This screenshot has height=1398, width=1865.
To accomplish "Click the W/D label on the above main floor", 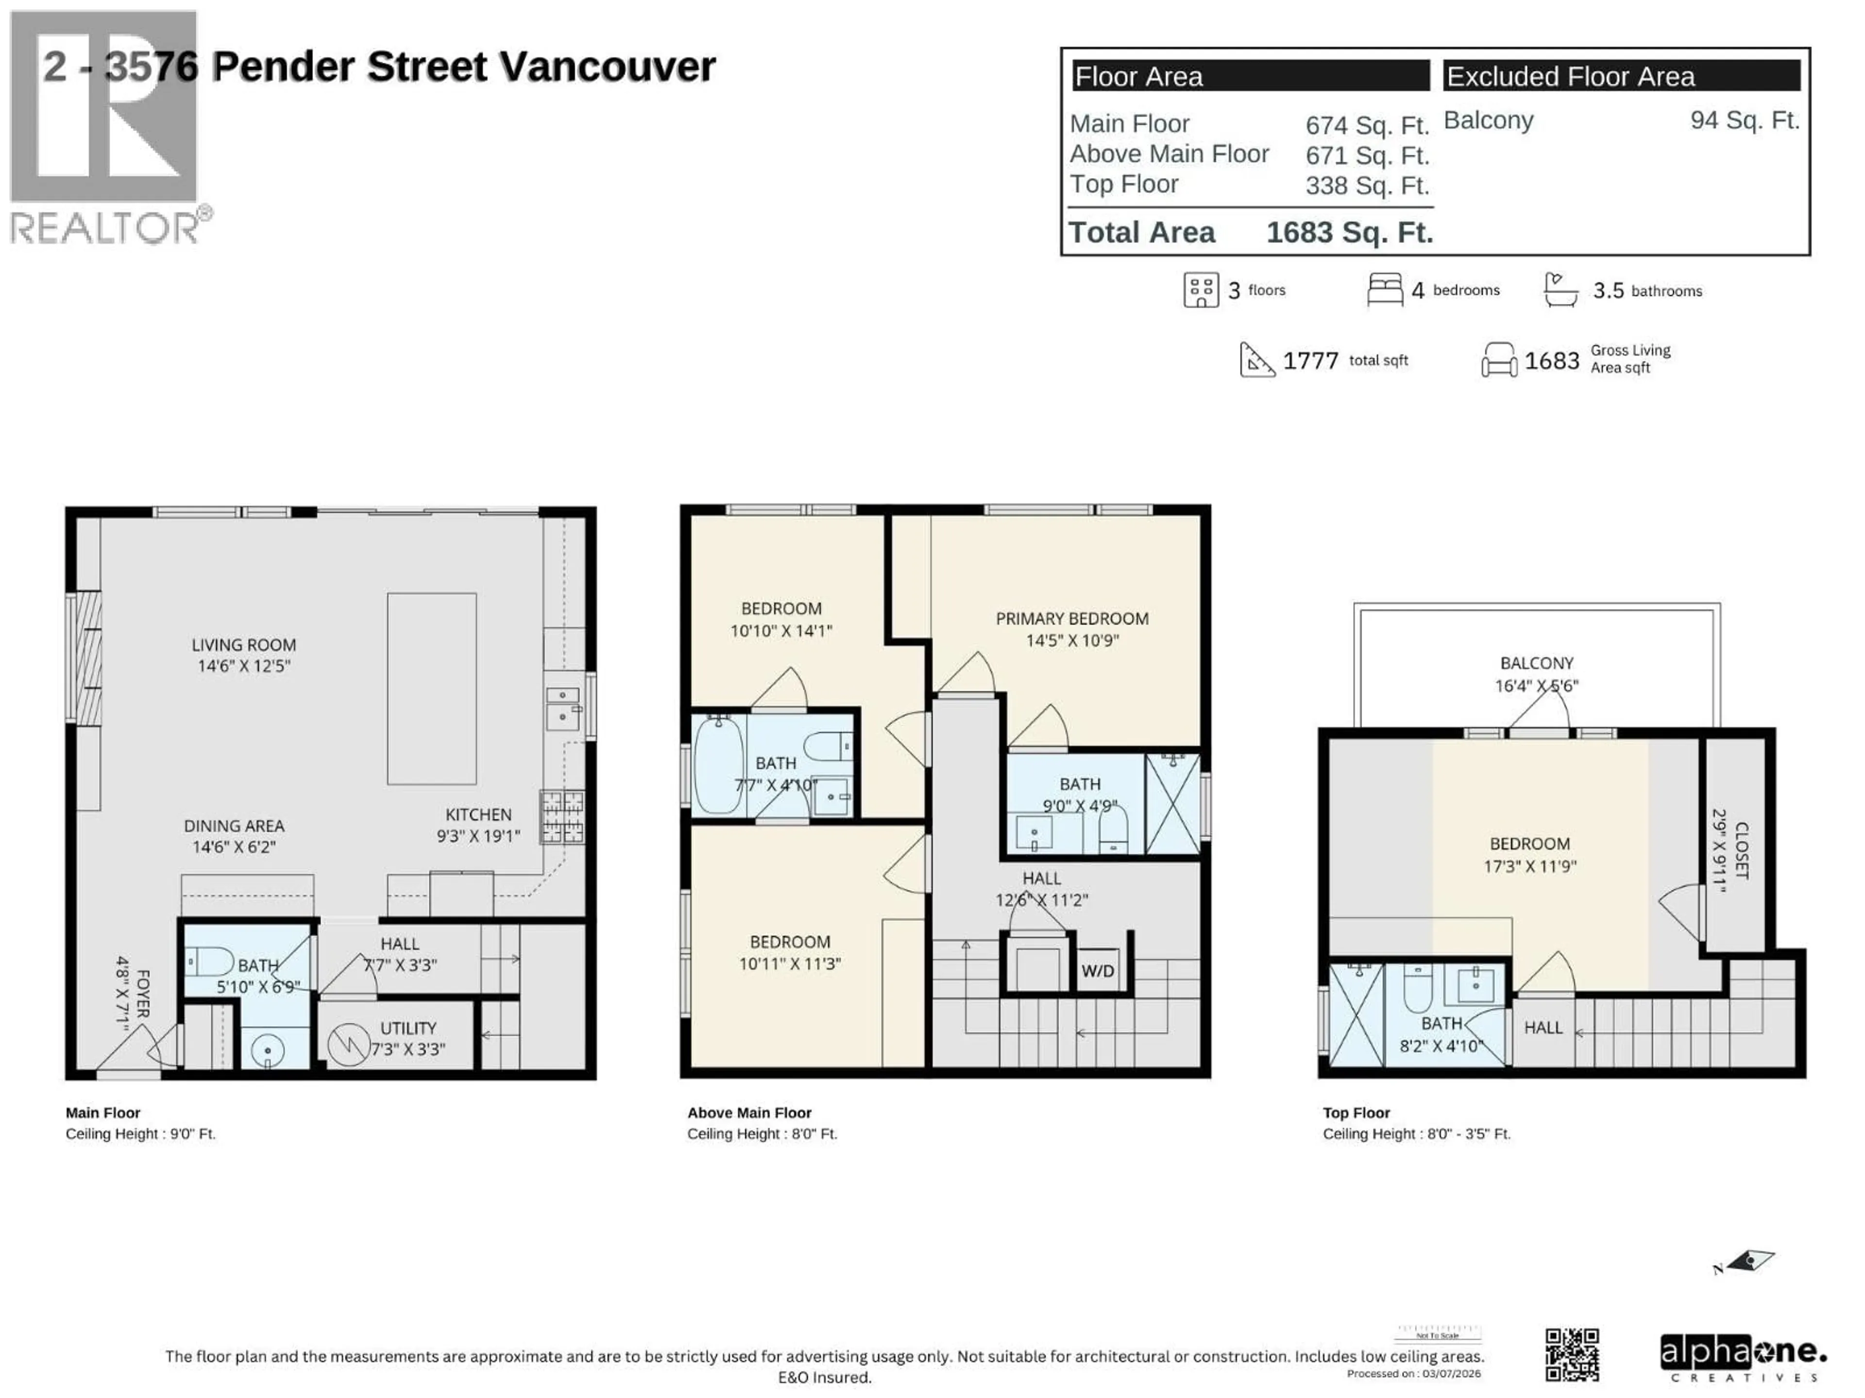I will tap(1097, 971).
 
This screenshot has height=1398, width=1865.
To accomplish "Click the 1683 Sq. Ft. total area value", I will tap(1349, 233).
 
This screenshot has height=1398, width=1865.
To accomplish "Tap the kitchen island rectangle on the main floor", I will tap(432, 688).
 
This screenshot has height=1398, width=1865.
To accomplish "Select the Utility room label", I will tap(408, 1028).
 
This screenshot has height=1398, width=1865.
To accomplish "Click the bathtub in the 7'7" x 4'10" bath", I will tap(718, 765).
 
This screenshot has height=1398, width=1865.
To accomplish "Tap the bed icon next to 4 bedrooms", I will tap(1384, 290).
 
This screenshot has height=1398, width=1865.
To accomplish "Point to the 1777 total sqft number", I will tap(1310, 361).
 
